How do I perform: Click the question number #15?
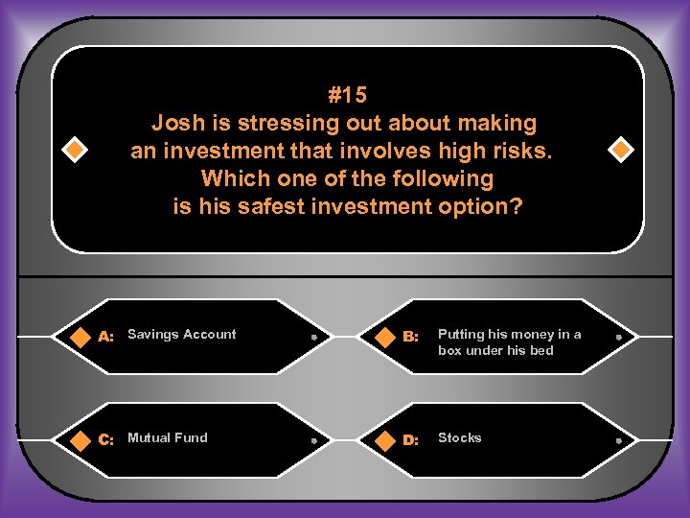(347, 95)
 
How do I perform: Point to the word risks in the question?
(524, 151)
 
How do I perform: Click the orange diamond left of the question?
(73, 151)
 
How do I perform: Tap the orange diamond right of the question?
(621, 151)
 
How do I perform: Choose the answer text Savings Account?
(182, 334)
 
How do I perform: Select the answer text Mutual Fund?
(167, 437)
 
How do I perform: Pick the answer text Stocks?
(460, 437)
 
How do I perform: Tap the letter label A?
(106, 337)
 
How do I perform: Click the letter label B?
(411, 337)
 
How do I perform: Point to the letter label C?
(106, 440)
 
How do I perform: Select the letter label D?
(411, 440)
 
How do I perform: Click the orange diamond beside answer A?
(75, 337)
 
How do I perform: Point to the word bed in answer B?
(541, 350)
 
